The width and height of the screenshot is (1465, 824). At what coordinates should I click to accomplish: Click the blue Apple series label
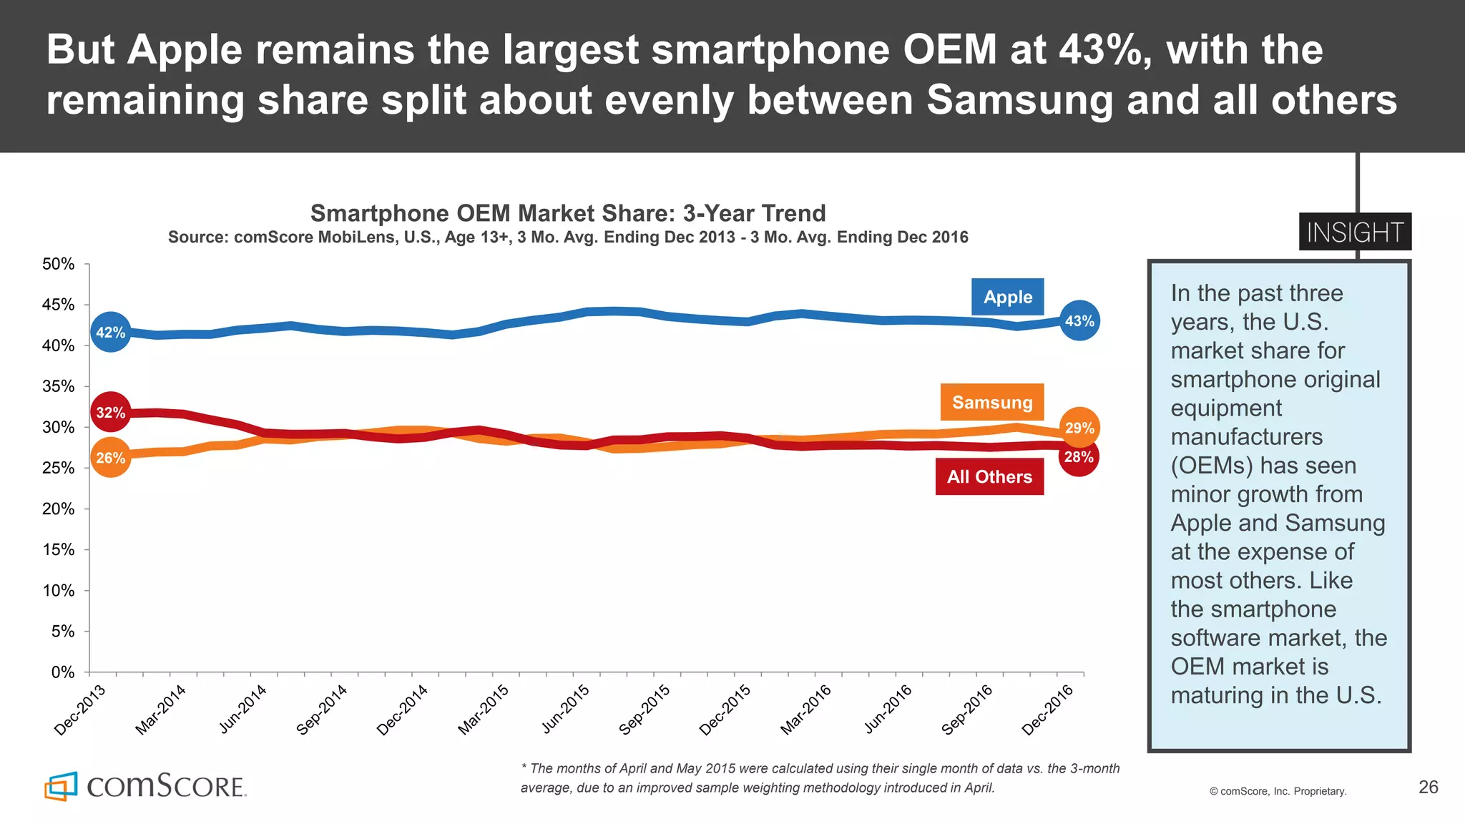(x=1007, y=297)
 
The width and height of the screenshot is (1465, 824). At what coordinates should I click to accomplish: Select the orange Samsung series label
(x=992, y=402)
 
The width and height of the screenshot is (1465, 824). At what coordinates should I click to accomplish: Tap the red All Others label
(x=989, y=477)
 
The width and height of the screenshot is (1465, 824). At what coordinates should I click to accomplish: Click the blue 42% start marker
(x=110, y=332)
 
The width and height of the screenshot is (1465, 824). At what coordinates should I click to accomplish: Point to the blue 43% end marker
(x=1079, y=321)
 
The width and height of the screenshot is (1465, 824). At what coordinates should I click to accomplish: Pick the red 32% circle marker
(x=110, y=412)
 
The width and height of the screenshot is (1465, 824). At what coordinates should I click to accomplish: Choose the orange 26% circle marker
(x=110, y=458)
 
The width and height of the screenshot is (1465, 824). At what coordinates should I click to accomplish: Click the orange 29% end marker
(x=1079, y=428)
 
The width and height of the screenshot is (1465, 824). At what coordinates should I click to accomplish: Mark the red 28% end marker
(x=1079, y=458)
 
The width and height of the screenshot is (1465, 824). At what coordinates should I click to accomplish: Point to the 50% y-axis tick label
(x=58, y=264)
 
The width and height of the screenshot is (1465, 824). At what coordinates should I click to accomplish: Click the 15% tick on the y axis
(x=58, y=550)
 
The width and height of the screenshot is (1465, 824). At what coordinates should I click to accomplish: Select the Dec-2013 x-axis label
(x=80, y=710)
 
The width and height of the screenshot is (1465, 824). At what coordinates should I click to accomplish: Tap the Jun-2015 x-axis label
(x=565, y=710)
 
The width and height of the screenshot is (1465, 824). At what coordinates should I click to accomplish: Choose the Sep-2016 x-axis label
(x=967, y=710)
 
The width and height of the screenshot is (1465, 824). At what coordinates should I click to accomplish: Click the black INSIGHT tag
(x=1355, y=232)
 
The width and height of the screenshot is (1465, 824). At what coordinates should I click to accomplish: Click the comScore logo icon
(x=60, y=786)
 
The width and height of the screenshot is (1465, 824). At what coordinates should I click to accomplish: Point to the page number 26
(x=1428, y=787)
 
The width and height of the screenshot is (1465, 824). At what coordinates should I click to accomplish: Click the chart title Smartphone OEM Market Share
(x=567, y=213)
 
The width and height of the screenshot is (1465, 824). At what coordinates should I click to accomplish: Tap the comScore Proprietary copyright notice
(x=1278, y=791)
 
